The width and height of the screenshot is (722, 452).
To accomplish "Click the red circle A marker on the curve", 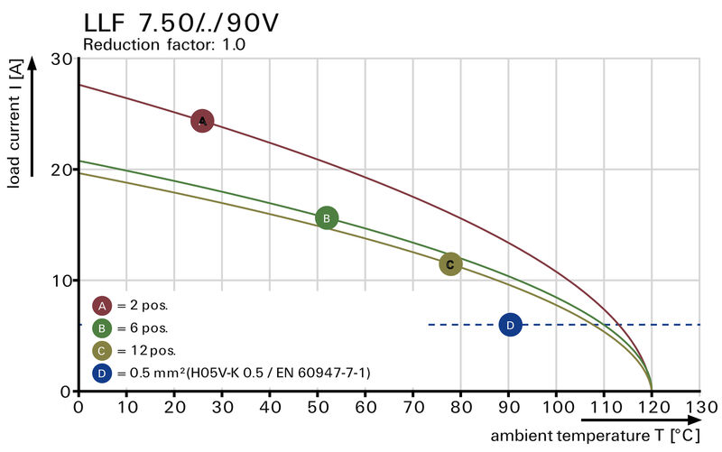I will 202,120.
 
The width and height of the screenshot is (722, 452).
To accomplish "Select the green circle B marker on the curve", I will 327,217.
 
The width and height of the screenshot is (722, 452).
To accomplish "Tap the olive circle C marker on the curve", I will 450,263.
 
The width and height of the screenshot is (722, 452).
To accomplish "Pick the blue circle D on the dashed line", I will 510,325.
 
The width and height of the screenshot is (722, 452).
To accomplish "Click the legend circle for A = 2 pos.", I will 102,305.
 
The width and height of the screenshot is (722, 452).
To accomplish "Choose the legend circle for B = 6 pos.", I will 102,327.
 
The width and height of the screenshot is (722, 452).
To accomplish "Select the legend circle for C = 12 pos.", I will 102,350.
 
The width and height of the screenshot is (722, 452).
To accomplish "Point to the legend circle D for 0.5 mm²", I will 102,372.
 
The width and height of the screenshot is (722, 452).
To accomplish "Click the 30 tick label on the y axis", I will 60,59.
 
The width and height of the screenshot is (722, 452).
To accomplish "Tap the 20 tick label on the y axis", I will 60,170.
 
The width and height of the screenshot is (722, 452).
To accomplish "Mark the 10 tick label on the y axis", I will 60,281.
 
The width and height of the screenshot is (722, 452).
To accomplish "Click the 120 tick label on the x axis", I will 652,406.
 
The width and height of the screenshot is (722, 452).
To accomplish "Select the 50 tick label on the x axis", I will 318,406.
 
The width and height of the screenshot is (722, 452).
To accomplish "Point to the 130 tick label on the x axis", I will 699,406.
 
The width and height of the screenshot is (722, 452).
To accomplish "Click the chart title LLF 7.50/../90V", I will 180,22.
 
